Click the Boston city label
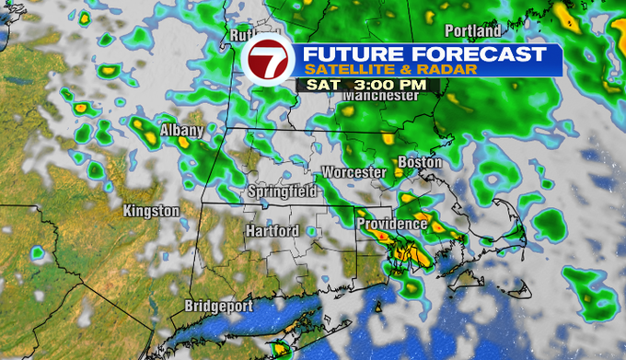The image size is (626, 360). [420, 163]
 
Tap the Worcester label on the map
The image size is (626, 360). [354, 172]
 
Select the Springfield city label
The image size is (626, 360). [282, 192]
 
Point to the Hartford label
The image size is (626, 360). [272, 231]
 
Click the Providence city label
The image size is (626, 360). [391, 224]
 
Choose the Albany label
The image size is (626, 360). [180, 131]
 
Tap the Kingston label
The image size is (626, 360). [151, 211]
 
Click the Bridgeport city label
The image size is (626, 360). [218, 306]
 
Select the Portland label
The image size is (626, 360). [472, 30]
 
